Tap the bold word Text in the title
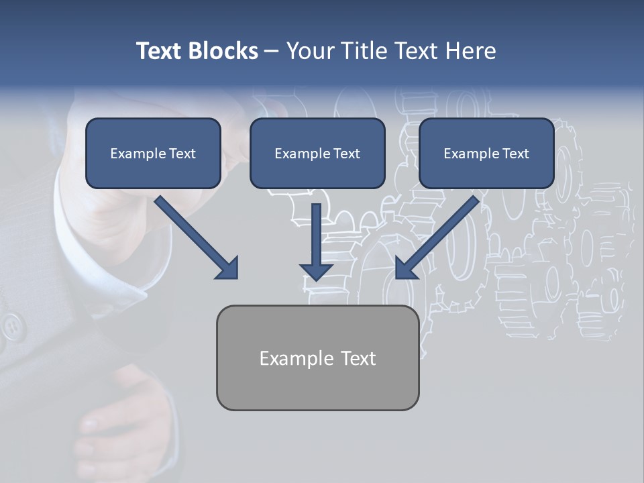point(162,51)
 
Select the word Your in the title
point(310,51)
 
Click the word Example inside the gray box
point(292,359)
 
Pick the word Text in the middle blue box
point(346,154)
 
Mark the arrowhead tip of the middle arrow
point(316,278)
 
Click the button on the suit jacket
point(11,327)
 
